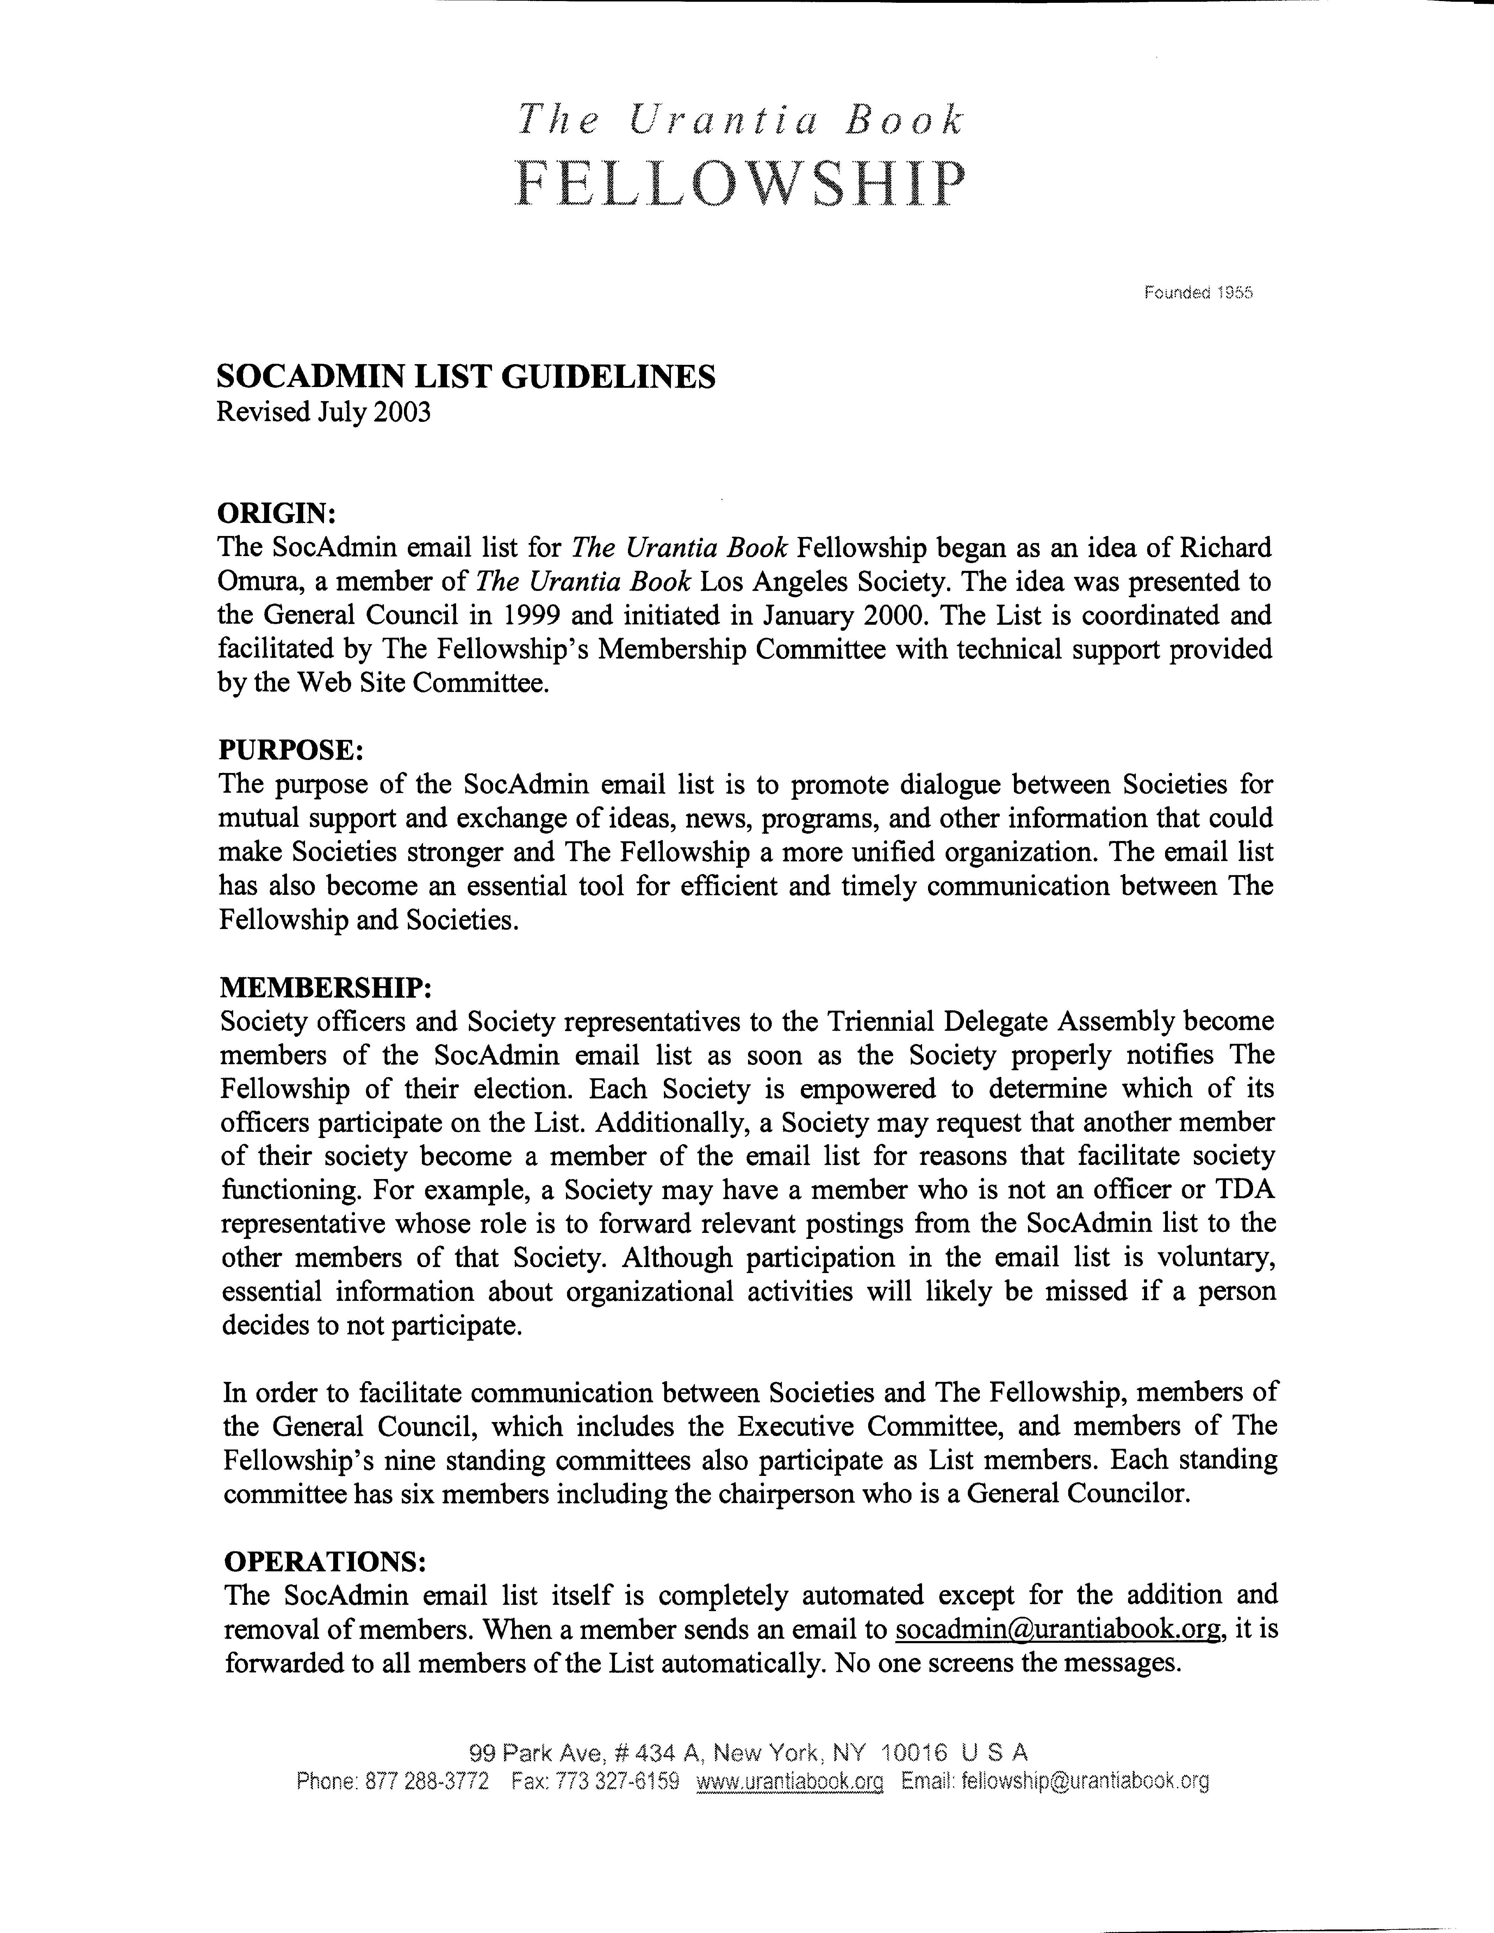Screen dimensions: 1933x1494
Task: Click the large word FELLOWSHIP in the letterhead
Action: coord(740,184)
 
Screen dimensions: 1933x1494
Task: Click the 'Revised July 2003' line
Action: coord(324,412)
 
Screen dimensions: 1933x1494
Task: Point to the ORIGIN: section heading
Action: coord(276,513)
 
